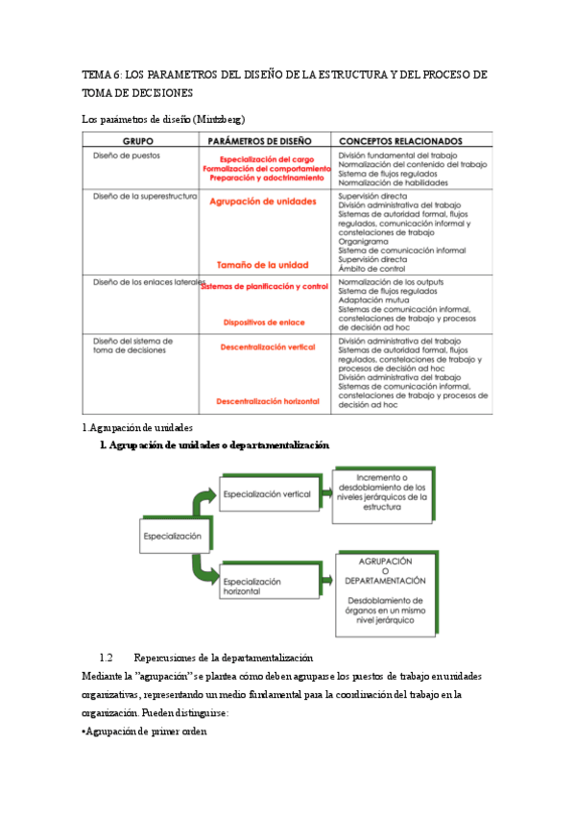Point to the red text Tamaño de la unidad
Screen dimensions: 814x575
coord(261,264)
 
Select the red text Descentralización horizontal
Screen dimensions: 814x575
coord(267,400)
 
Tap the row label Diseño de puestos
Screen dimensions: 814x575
coord(126,155)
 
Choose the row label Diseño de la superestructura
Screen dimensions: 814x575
coord(144,196)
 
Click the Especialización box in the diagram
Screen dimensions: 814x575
coord(172,536)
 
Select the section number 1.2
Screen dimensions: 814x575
coord(106,658)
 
